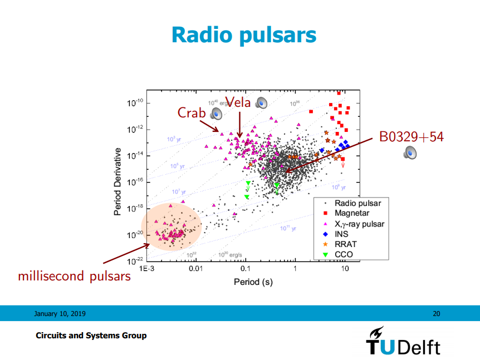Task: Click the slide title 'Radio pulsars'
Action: coord(244,34)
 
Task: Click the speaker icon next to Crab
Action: coord(216,114)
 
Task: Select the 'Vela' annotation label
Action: coord(238,102)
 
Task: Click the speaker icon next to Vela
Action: coord(262,102)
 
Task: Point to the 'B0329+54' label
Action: coord(411,136)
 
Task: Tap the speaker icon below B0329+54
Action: coord(410,152)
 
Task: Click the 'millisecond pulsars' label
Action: coord(75,275)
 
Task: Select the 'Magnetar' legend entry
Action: coord(351,213)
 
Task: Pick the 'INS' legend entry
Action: coord(341,234)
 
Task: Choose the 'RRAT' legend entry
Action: coord(345,244)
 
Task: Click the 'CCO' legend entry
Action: coord(343,255)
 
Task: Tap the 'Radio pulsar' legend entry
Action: coord(357,204)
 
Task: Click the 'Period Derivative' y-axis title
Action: coord(118,182)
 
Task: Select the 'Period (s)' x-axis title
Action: coord(253,282)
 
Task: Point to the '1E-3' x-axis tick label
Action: coord(146,269)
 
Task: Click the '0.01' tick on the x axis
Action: coord(195,269)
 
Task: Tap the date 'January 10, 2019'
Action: coord(60,314)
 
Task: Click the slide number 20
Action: coord(436,314)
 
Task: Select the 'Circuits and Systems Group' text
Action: coord(91,336)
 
